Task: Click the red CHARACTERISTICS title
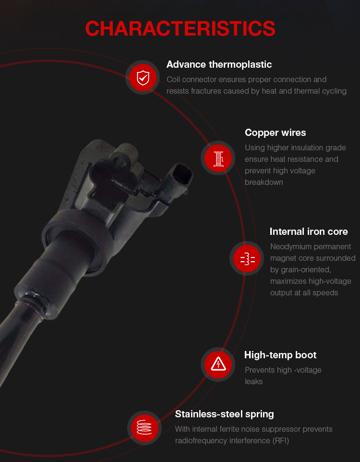pyautogui.click(x=180, y=29)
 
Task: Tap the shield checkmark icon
pyautogui.click(x=143, y=78)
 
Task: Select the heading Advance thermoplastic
pyautogui.click(x=219, y=64)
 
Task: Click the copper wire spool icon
pyautogui.click(x=218, y=158)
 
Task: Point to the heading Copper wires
pyautogui.click(x=275, y=133)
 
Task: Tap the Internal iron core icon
pyautogui.click(x=247, y=259)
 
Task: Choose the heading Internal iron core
pyautogui.click(x=309, y=231)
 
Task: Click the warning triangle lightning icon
pyautogui.click(x=218, y=365)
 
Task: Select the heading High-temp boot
pyautogui.click(x=280, y=355)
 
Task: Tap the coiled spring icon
pyautogui.click(x=144, y=428)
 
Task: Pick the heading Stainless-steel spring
pyautogui.click(x=224, y=414)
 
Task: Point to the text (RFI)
pyautogui.click(x=280, y=441)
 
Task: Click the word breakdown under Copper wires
pyautogui.click(x=264, y=182)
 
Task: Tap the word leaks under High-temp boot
pyautogui.click(x=253, y=382)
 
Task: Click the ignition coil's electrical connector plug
pyautogui.click(x=180, y=178)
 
